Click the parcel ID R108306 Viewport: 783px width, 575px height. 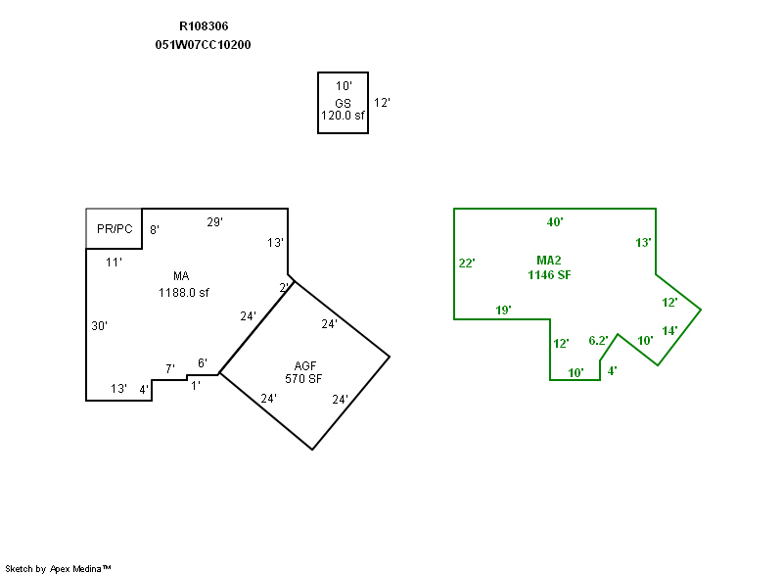coord(204,26)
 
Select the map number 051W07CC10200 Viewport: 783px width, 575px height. coord(204,45)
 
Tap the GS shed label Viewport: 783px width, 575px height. coord(343,103)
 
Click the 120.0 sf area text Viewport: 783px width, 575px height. coord(343,116)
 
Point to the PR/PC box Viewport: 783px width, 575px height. coord(115,229)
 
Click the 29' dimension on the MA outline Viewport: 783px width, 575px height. coord(214,222)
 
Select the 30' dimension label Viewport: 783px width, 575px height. coord(99,326)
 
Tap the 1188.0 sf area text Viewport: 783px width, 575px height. coord(184,292)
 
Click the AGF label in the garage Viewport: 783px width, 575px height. coord(304,365)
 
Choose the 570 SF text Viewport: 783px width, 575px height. coord(304,379)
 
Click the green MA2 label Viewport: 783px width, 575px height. coord(549,261)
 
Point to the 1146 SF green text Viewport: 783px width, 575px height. coord(549,275)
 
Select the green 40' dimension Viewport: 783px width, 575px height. coord(555,222)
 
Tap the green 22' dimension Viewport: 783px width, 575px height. coord(467,263)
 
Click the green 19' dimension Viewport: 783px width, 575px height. coord(504,311)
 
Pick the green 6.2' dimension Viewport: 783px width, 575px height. coord(598,341)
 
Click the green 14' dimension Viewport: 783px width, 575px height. coord(669,331)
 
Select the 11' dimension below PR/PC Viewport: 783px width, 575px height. coord(114,262)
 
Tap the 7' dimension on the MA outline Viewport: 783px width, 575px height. coord(169,369)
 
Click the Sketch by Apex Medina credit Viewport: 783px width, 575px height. coord(58,568)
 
